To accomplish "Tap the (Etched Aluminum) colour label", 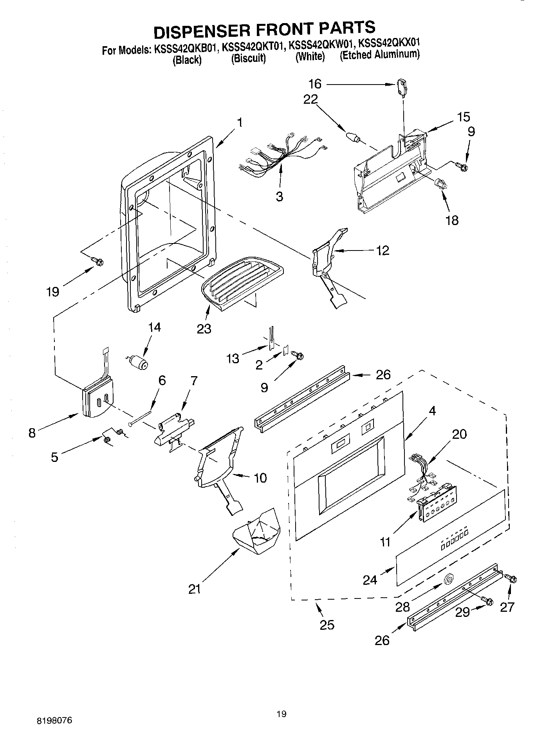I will pyautogui.click(x=379, y=55).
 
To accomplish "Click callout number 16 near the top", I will pyautogui.click(x=314, y=84).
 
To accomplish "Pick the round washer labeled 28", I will pyautogui.click(x=448, y=580).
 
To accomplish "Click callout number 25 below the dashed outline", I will pyautogui.click(x=327, y=625).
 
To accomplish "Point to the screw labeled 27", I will pyautogui.click(x=511, y=578).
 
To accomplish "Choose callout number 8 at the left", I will pyautogui.click(x=32, y=433).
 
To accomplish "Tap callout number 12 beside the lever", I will pyautogui.click(x=383, y=250).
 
